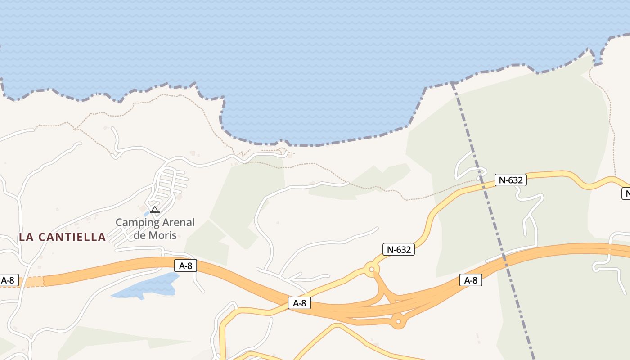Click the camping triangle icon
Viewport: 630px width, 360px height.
click(155, 210)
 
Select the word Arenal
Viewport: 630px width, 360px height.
click(178, 222)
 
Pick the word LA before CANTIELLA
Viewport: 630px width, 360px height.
click(25, 237)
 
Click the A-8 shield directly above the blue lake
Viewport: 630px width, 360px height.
click(185, 265)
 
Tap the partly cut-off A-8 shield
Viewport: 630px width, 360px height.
click(8, 280)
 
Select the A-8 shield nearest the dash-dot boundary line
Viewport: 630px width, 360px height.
click(471, 280)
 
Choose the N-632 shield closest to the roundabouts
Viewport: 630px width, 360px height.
click(398, 249)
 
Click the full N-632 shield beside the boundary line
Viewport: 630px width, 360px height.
click(510, 180)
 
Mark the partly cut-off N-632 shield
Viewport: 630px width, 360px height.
click(626, 193)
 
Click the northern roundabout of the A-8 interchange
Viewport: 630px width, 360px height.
click(372, 270)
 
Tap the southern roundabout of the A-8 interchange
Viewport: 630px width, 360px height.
click(398, 322)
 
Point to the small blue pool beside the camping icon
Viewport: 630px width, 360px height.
click(146, 213)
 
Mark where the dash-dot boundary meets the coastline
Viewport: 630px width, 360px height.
click(452, 83)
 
